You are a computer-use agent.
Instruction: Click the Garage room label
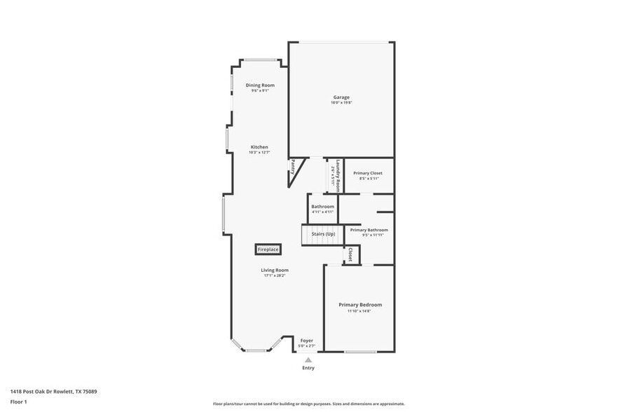341,97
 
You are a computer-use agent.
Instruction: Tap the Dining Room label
257,85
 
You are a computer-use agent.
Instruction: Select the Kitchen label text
259,147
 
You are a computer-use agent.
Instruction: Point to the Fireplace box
268,249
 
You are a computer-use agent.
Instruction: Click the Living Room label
275,270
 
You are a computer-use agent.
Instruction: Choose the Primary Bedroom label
360,305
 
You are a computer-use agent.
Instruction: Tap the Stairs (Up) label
323,233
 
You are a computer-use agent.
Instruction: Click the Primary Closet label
368,173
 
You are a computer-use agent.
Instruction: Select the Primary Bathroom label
369,230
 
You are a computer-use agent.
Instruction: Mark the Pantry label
293,167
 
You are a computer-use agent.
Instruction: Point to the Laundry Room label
337,176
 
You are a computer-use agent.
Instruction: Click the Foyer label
307,341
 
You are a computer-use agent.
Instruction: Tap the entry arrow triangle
308,360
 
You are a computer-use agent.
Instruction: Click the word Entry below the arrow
308,368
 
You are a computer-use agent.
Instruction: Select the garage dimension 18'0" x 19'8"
341,103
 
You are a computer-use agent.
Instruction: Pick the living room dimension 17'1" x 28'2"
275,275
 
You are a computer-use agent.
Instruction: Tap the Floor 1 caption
19,401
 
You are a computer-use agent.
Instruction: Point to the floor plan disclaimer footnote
309,404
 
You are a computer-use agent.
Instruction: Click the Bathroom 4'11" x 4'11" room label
322,207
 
